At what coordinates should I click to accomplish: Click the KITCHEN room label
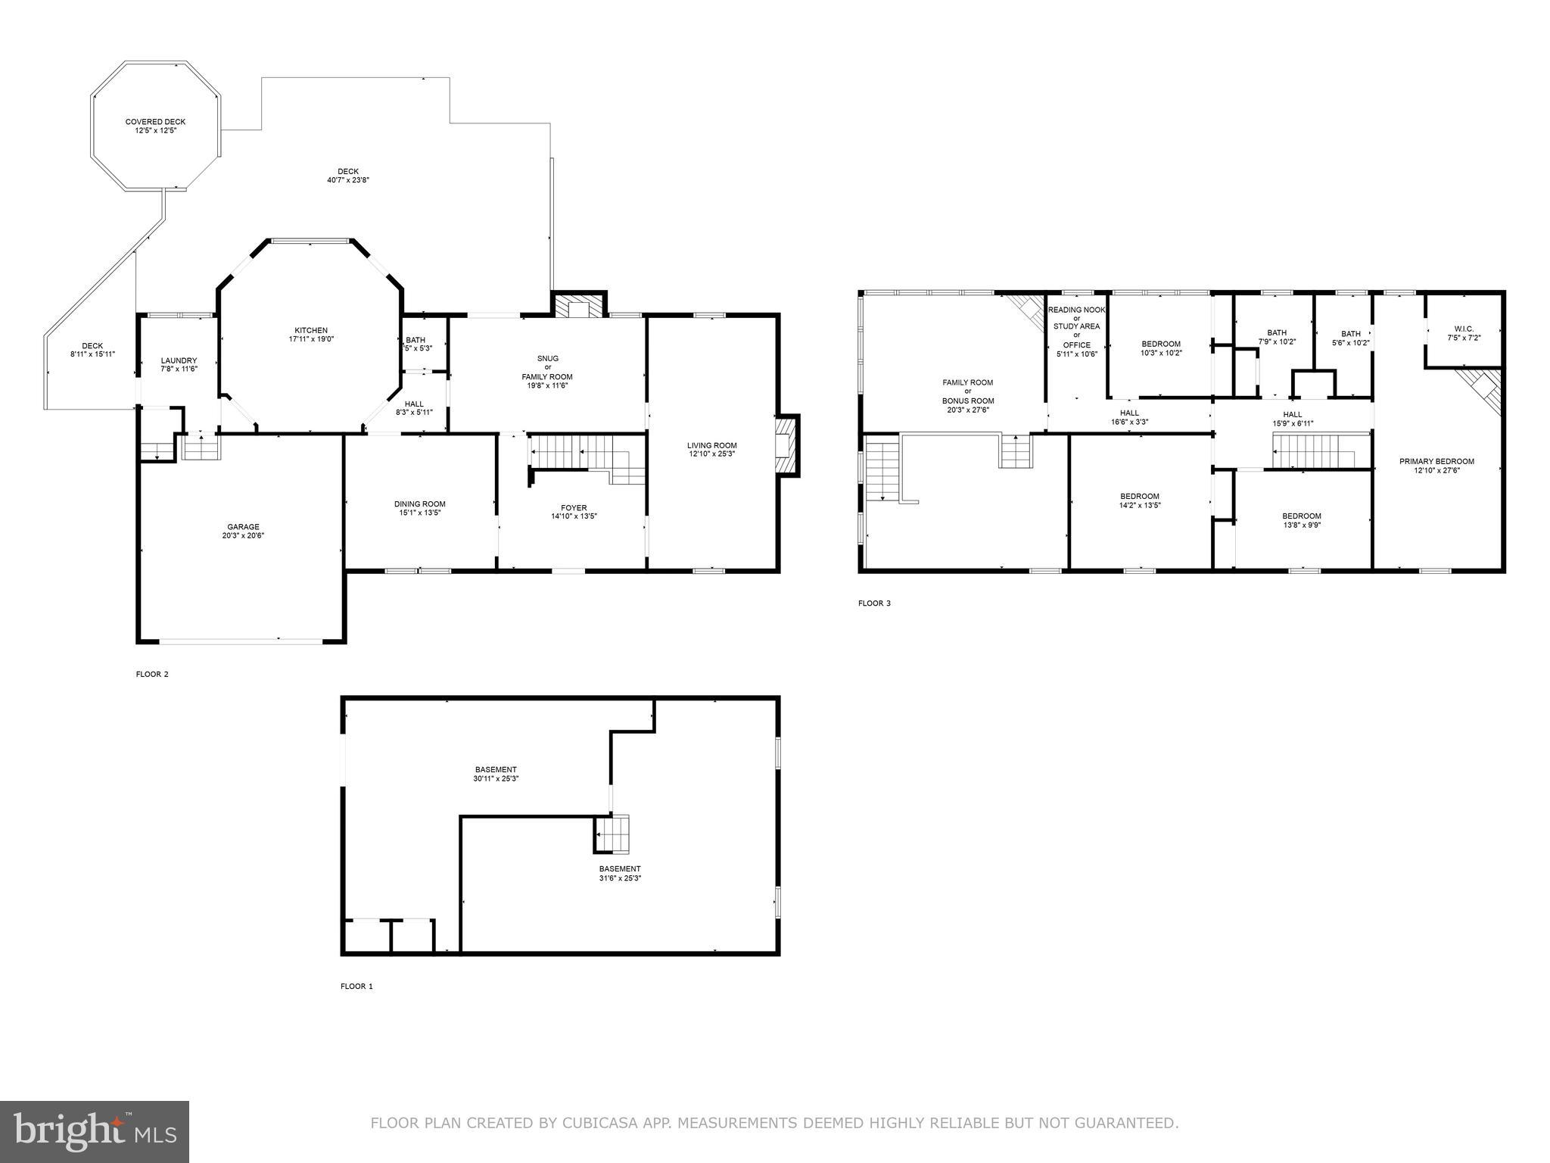click(311, 331)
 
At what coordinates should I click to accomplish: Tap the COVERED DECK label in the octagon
click(155, 122)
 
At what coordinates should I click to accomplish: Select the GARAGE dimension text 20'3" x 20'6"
click(243, 535)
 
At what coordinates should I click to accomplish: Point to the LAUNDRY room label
click(179, 360)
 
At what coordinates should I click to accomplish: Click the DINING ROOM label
click(419, 504)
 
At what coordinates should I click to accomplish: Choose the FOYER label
click(574, 508)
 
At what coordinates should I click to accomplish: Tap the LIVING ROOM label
click(711, 445)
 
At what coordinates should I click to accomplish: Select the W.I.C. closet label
click(1464, 329)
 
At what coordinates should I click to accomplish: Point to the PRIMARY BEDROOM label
click(1436, 461)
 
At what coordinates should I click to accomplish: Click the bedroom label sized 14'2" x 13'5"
click(1139, 497)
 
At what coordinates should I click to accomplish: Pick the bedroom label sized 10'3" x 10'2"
click(1160, 344)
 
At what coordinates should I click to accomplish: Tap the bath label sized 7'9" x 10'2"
click(1277, 332)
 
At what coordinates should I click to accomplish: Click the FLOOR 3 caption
click(874, 603)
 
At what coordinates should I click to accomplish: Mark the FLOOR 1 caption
click(356, 987)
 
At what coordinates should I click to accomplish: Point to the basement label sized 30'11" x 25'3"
click(496, 769)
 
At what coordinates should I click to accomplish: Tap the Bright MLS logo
click(95, 1132)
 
